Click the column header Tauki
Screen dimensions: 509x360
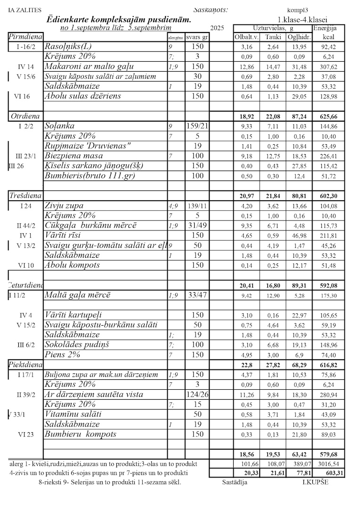[x=273, y=37]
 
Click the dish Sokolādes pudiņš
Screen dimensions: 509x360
[x=77, y=345]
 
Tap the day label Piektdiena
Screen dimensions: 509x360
[x=26, y=365]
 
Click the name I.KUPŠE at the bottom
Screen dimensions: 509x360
[x=316, y=482]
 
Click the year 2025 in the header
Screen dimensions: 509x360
[x=218, y=28]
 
